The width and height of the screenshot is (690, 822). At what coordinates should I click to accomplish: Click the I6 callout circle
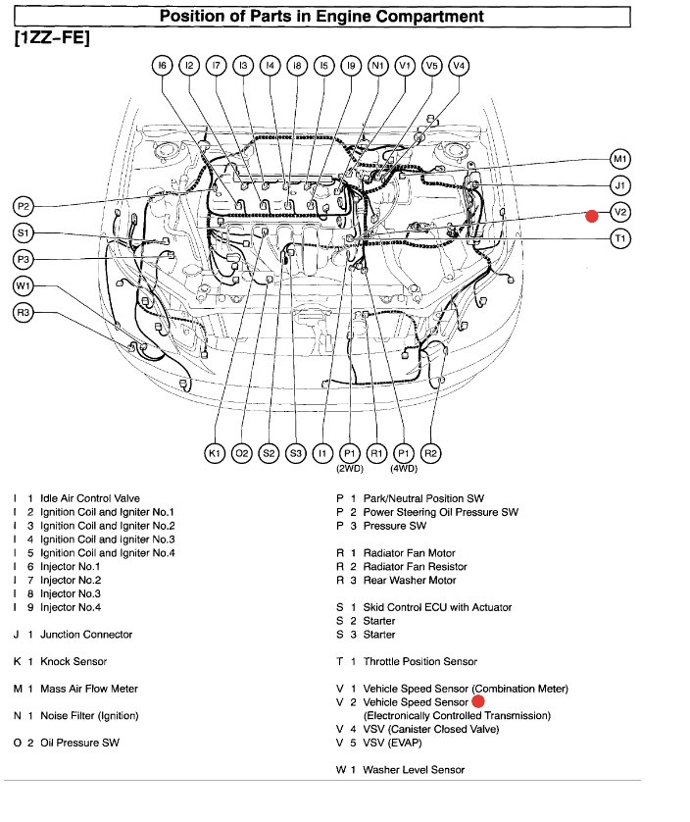click(x=163, y=66)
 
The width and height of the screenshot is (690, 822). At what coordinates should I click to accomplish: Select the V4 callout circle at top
click(x=458, y=66)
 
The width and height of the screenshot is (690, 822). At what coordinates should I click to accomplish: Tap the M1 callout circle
click(x=619, y=159)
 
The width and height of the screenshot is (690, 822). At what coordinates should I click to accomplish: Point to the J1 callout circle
click(x=619, y=185)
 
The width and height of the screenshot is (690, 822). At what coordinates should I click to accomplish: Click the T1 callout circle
click(x=619, y=238)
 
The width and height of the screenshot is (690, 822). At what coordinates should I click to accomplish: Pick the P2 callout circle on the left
click(x=25, y=206)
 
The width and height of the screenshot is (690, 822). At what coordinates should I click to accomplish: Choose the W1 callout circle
click(x=25, y=286)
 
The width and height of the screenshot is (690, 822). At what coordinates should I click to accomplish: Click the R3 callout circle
click(x=25, y=313)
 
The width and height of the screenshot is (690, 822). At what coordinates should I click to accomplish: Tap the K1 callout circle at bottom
click(x=215, y=453)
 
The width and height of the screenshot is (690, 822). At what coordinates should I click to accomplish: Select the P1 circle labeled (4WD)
click(x=404, y=453)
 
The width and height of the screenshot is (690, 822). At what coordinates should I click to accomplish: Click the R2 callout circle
click(x=430, y=453)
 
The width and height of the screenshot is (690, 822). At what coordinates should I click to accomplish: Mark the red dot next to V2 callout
click(x=591, y=216)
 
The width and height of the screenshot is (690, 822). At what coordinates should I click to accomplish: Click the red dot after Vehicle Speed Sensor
click(x=478, y=701)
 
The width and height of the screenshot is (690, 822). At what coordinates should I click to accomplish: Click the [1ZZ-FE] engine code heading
click(x=51, y=40)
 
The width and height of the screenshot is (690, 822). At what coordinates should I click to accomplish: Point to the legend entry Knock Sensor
click(x=74, y=662)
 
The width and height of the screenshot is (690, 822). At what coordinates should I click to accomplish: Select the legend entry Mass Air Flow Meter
click(x=88, y=689)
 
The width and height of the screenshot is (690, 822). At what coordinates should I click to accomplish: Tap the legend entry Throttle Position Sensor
click(x=419, y=662)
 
